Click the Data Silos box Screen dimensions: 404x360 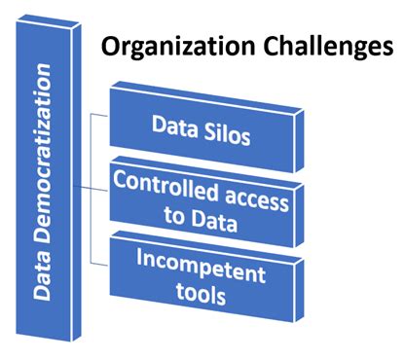click(200, 128)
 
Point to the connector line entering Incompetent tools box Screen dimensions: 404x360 click(99, 262)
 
